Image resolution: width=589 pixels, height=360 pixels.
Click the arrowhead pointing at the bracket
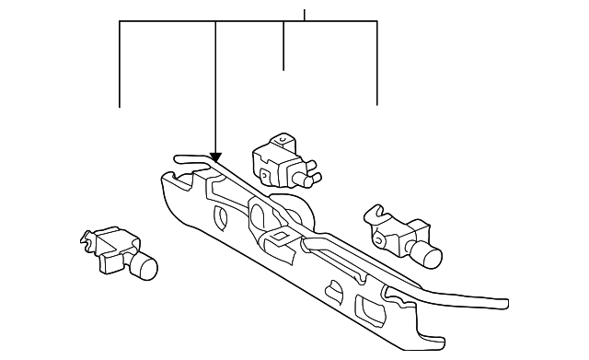pos(215,157)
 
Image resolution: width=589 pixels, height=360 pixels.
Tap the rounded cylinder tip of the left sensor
pos(145,268)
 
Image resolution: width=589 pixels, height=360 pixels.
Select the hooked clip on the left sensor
pos(91,240)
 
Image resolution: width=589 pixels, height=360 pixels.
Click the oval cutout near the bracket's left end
pos(221,218)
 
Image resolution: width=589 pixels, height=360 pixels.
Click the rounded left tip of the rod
pos(177,158)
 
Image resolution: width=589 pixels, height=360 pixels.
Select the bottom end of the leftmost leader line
pos(120,107)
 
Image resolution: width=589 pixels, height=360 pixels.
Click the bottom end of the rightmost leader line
pos(377,105)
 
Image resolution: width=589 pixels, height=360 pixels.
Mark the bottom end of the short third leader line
pos(283,69)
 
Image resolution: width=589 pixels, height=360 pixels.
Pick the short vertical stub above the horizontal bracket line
pos(305,14)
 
